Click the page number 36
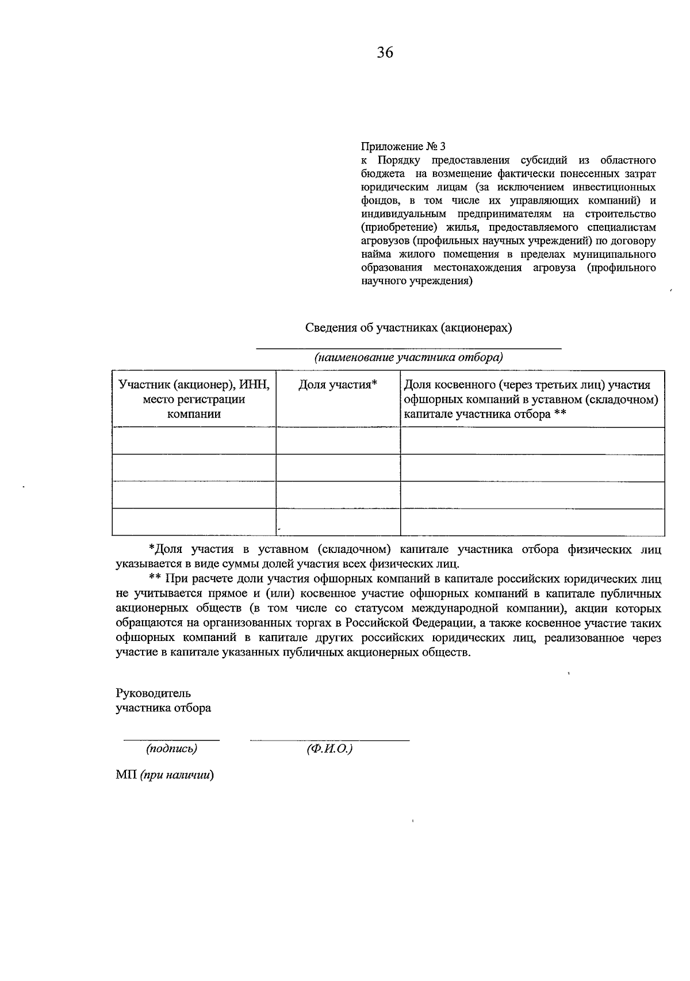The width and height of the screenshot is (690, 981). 385,53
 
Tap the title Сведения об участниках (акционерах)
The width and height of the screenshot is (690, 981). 408,328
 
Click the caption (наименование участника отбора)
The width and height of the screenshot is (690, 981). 408,357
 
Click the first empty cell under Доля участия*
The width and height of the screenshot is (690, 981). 338,441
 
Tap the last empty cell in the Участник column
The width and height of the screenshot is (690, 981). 194,522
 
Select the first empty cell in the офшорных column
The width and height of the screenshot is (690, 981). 532,441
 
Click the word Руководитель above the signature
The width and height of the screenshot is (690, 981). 154,693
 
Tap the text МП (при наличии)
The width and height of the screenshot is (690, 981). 164,775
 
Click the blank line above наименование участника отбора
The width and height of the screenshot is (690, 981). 408,348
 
